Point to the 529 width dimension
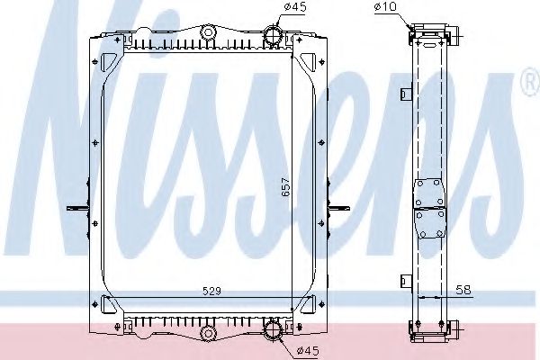tap(211, 290)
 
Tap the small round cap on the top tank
tap(208, 34)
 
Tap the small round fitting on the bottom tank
tap(208, 334)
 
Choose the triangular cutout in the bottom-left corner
tap(109, 304)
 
